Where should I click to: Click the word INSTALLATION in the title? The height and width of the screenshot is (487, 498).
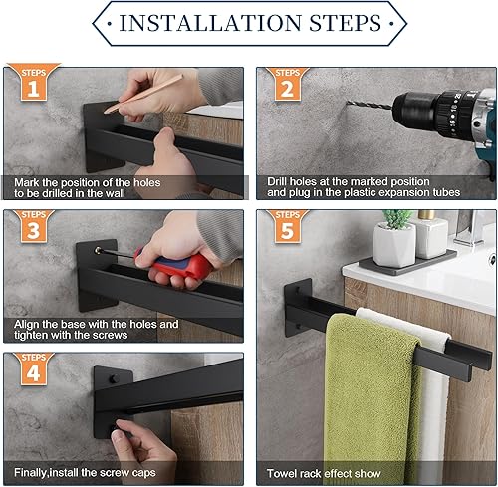pos(210,23)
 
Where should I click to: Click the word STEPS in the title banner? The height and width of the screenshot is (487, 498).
pos(346,23)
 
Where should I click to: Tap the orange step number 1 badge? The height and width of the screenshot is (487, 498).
pos(34,82)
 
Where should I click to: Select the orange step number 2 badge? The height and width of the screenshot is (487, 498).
pos(288,83)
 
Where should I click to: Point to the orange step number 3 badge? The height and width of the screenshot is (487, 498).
pos(34,226)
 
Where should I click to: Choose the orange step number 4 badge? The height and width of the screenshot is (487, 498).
pos(34,368)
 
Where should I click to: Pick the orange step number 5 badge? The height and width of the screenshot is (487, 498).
pos(288,226)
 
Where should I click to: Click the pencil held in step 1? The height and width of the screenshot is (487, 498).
pos(143,94)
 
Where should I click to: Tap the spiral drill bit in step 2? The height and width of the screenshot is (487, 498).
pos(370,105)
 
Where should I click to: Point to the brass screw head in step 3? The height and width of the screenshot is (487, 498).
pos(98,250)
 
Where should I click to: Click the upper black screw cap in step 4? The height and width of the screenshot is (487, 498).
pos(114,378)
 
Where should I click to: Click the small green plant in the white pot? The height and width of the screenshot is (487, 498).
pos(396,219)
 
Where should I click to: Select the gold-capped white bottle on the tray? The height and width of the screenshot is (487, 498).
pos(431,234)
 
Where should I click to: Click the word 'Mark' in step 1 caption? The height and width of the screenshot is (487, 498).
pos(27,182)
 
